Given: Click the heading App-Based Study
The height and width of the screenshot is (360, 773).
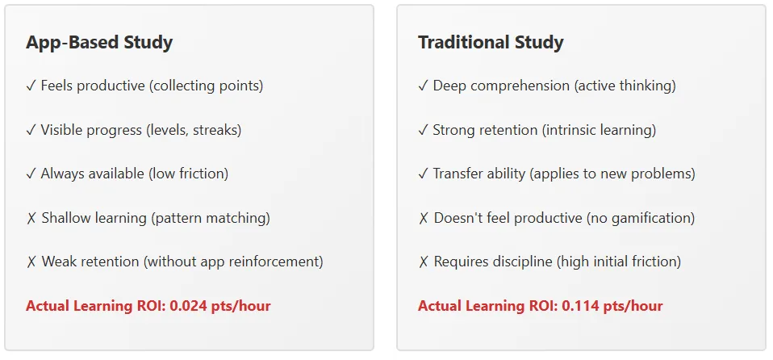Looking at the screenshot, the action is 99,43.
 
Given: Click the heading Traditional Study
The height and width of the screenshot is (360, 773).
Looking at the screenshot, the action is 491,43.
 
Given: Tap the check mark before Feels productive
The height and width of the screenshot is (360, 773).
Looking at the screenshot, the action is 31,86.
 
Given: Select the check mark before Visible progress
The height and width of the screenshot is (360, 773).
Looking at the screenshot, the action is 31,131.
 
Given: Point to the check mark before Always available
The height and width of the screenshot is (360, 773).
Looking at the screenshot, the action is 31,174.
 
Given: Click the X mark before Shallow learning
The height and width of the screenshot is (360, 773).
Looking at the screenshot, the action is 31,218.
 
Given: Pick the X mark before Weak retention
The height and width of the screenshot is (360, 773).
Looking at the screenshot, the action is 31,262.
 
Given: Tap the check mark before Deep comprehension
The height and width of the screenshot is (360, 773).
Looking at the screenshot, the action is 423,86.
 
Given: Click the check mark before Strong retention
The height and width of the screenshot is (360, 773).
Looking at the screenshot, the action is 423,131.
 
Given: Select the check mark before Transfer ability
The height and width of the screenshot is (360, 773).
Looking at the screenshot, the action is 423,174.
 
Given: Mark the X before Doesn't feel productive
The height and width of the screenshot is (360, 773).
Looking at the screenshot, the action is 424,218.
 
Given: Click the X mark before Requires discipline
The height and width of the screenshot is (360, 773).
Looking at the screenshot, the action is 424,262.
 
